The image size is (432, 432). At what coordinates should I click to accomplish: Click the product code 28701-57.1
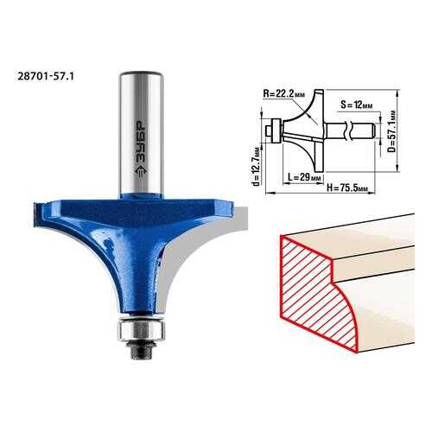[x=46, y=76]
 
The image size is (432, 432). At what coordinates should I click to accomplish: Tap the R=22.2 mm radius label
[x=283, y=93]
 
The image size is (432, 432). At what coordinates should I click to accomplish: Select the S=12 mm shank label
[x=356, y=105]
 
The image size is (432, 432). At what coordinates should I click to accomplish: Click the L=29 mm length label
[x=304, y=177]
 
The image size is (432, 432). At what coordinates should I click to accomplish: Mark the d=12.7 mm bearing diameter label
[x=257, y=166]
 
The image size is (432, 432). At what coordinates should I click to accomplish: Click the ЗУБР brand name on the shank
[x=141, y=141]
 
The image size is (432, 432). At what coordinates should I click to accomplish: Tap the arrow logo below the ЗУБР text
[x=141, y=172]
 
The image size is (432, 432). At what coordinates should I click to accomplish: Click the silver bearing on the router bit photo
[x=141, y=331]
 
